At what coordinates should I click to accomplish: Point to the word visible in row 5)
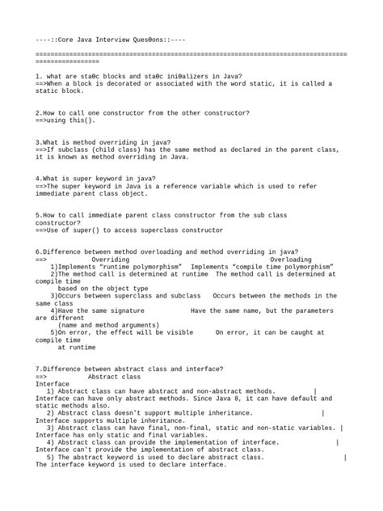(177, 332)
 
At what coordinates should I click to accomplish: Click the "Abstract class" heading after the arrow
(114, 376)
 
